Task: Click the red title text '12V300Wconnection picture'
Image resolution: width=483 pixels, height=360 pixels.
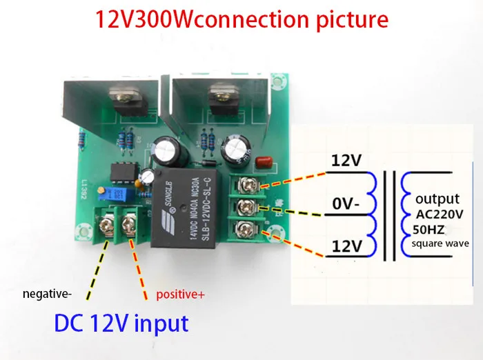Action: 242,19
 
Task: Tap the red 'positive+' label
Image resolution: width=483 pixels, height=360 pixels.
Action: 180,294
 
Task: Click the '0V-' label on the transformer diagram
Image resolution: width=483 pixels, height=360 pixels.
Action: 346,205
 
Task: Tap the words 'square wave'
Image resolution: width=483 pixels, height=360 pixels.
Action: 441,243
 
